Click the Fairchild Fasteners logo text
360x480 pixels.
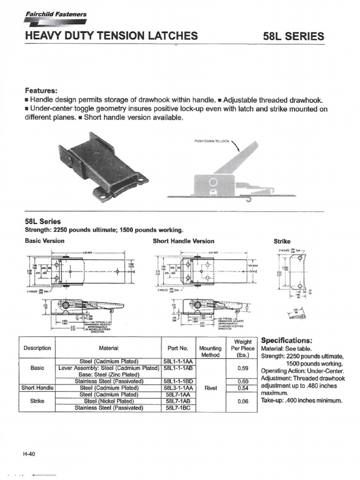coord(55,15)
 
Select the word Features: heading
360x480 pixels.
coord(41,90)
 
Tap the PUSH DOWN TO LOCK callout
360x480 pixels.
coord(211,141)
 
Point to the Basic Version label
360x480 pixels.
coord(45,241)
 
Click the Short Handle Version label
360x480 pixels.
coord(183,241)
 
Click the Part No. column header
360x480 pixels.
coord(177,348)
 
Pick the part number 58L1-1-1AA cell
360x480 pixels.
coord(178,361)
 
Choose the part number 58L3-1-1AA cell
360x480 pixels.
coord(178,388)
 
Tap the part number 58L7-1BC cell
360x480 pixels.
coord(178,408)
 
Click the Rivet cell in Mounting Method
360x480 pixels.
coord(210,388)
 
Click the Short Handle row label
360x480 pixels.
coord(37,388)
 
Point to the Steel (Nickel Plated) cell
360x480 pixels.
coord(109,401)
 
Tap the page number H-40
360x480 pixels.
coord(30,454)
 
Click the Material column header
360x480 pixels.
coord(109,348)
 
